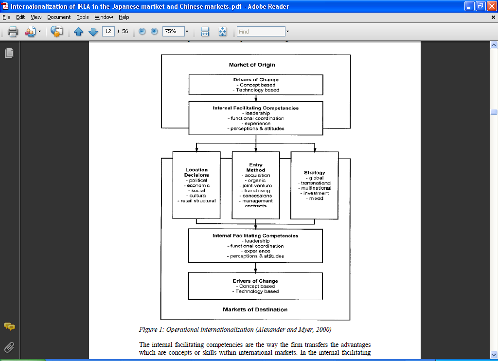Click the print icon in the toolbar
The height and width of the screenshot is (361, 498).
click(x=13, y=32)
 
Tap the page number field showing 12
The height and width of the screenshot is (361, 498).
click(x=108, y=32)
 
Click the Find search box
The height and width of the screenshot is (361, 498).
click(x=261, y=32)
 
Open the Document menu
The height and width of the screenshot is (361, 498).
click(x=59, y=17)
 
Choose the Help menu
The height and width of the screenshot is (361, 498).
click(x=124, y=17)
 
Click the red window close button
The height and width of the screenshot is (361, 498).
click(x=491, y=6)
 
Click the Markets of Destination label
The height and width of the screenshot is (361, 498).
click(x=255, y=309)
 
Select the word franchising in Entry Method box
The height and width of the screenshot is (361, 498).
click(x=256, y=191)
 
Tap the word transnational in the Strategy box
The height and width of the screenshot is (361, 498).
click(x=315, y=183)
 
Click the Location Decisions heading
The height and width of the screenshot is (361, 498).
click(x=196, y=173)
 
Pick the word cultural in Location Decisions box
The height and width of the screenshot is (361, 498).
click(x=197, y=196)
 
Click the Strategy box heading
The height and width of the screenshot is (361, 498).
click(x=315, y=173)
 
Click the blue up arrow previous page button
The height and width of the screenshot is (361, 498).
click(x=79, y=32)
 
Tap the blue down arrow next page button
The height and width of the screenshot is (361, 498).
click(x=93, y=32)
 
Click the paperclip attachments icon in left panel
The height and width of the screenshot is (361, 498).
click(x=9, y=347)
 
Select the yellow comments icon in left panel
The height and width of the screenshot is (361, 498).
click(x=9, y=326)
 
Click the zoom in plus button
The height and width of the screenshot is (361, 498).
click(x=154, y=32)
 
